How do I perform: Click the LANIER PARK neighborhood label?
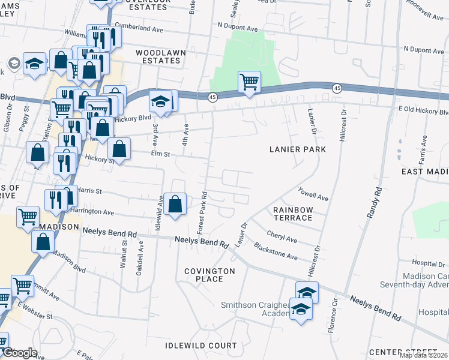(298, 149)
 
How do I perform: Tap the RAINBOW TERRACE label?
(293, 214)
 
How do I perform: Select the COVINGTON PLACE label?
(209, 275)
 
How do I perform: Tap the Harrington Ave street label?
(92, 212)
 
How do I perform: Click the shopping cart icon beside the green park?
(249, 82)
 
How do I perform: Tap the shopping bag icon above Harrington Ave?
(175, 203)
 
